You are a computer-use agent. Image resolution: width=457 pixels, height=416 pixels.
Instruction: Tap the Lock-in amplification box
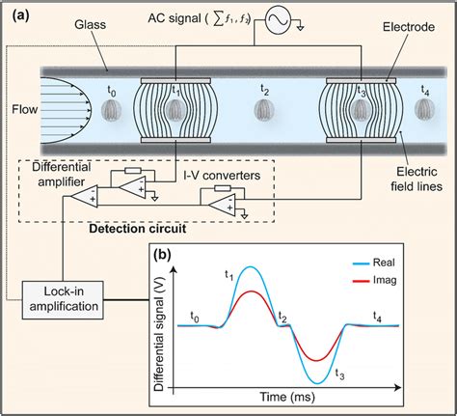coord(67,298)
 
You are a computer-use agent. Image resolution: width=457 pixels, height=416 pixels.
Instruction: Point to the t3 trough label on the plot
coord(338,373)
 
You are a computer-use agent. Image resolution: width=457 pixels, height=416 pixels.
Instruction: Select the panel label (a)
coord(19,14)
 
